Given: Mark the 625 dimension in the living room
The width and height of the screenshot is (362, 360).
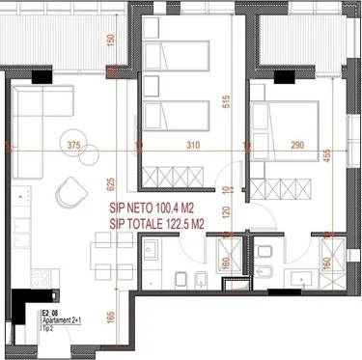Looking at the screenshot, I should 112,183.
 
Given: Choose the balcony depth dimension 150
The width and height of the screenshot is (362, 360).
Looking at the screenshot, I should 112,42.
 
